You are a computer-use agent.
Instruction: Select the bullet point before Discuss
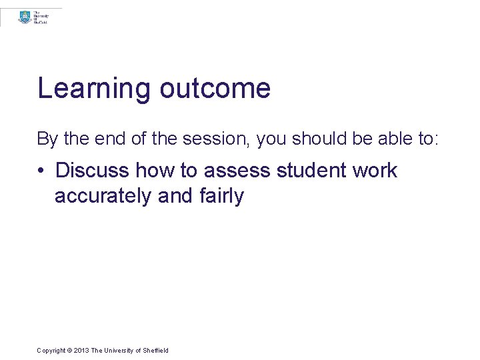tap(41, 171)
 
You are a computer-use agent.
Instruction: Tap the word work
tap(375, 171)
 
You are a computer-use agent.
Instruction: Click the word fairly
tap(221, 197)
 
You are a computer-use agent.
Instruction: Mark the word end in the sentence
tap(105, 139)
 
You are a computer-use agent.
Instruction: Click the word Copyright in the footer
tap(51, 351)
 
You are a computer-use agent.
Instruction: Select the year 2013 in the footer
tap(81, 351)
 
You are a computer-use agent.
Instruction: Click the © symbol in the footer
tap(69, 351)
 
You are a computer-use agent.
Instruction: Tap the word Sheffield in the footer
tap(156, 351)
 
